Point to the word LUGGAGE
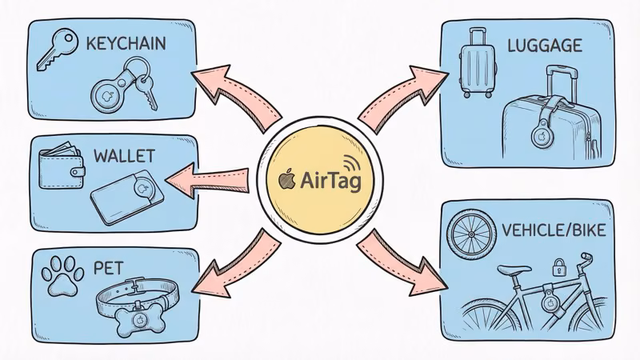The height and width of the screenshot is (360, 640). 544,46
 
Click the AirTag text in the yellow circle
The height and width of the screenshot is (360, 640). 330,181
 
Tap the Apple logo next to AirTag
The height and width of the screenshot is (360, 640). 286,180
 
